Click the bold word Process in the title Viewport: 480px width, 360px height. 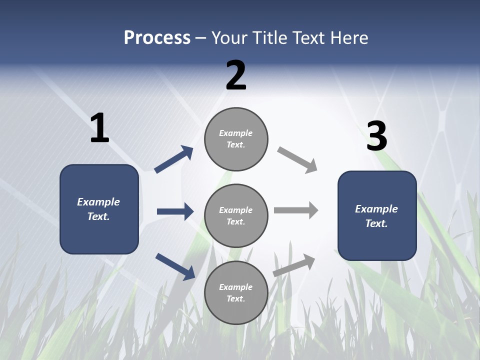pos(157,38)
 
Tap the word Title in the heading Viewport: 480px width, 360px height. pos(270,38)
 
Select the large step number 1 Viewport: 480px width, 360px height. pos(99,128)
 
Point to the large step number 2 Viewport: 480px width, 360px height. pos(236,75)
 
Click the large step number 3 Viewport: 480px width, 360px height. pos(376,136)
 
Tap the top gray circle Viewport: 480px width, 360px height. pos(236,139)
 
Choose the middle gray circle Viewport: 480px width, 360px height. pos(236,216)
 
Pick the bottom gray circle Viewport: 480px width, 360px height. pos(236,293)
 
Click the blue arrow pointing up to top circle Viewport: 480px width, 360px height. pos(174,159)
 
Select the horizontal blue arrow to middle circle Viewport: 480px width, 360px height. pos(175,211)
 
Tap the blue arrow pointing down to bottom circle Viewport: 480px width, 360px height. pos(175,266)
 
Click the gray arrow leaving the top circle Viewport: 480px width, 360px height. pos(297,159)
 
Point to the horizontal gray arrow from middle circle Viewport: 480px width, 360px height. pos(296,210)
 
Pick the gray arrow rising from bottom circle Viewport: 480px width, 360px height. pos(294,265)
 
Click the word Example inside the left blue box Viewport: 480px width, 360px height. pos(98,202)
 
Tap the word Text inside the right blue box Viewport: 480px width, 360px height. pos(376,223)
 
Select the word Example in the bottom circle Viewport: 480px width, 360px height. pos(236,287)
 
